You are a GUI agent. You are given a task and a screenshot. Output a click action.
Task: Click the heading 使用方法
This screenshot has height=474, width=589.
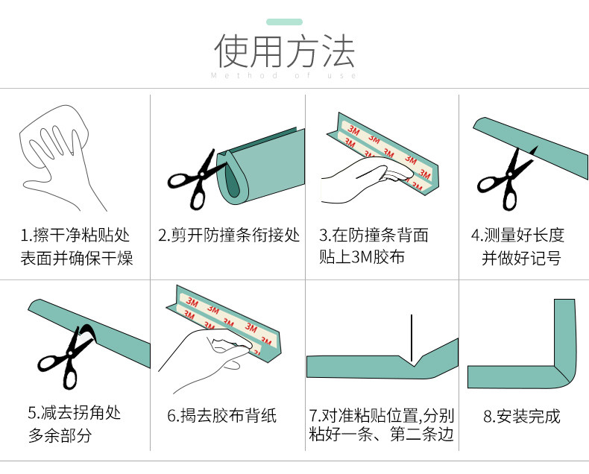click(284, 50)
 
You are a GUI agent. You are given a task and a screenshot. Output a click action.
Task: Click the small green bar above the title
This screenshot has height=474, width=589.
click(284, 22)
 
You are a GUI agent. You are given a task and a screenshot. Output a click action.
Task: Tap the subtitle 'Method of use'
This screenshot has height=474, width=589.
click(284, 75)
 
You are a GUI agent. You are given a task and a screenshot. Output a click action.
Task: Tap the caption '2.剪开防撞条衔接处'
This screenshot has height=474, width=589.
click(229, 236)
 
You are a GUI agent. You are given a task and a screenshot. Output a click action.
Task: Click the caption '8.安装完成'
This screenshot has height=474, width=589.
click(521, 416)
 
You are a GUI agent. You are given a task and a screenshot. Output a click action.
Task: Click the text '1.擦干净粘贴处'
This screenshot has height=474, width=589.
click(75, 236)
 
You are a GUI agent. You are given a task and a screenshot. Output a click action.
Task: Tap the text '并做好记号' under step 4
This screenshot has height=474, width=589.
click(521, 258)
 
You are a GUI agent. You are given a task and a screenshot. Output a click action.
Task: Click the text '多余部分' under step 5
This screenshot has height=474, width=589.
click(60, 434)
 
